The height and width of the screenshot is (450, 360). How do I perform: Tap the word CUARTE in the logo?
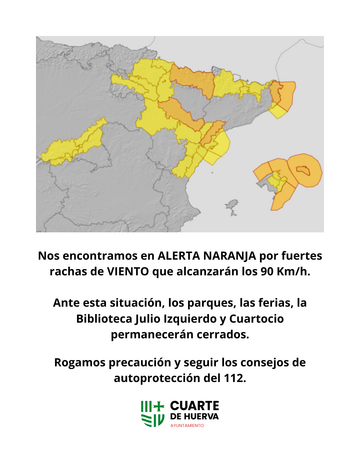196,405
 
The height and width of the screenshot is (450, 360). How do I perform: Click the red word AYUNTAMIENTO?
189,426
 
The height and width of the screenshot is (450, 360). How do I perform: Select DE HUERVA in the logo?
194,416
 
